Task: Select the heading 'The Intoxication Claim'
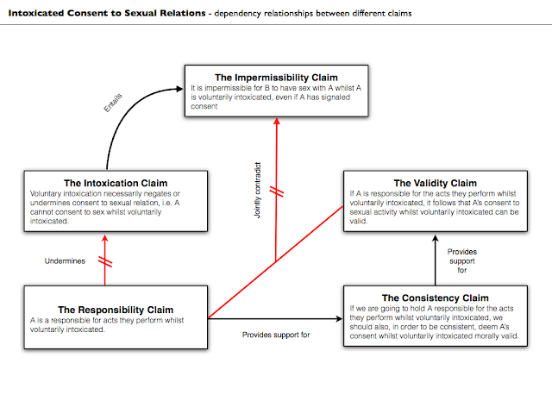(x=117, y=183)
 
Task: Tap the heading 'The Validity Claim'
(x=435, y=183)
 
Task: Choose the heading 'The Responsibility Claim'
(x=116, y=309)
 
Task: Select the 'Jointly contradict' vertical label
(x=258, y=187)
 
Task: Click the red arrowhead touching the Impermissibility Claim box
(x=275, y=122)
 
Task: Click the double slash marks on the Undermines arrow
(x=104, y=260)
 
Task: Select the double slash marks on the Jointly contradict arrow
(x=275, y=189)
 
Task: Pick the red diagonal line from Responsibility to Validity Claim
(x=276, y=260)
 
